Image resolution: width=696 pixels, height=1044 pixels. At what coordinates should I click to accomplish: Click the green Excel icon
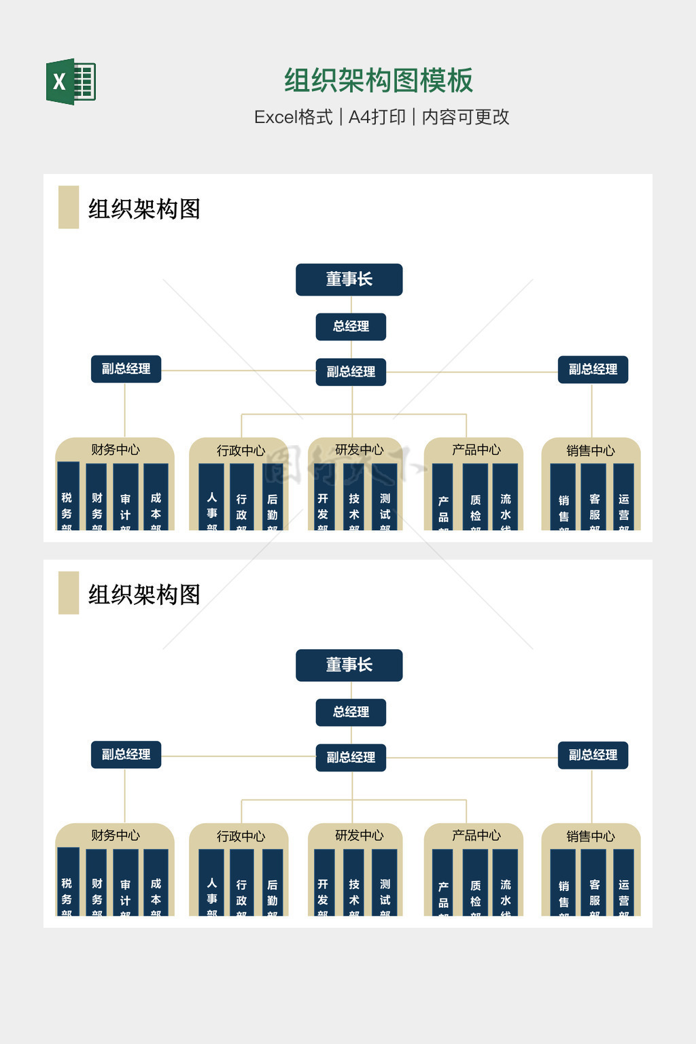click(71, 82)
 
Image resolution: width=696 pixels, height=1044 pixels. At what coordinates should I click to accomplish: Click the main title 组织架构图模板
click(378, 81)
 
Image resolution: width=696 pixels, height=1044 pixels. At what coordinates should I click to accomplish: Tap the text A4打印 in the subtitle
click(377, 117)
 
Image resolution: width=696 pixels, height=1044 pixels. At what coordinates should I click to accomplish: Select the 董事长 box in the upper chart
click(349, 279)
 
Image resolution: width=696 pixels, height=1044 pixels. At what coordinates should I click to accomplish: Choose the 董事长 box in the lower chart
click(349, 665)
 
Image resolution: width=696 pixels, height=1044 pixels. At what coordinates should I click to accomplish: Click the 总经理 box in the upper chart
click(351, 326)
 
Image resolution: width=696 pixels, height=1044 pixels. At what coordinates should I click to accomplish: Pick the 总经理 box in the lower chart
click(351, 712)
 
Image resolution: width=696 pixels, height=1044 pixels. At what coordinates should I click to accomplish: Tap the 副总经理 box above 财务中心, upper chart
click(126, 369)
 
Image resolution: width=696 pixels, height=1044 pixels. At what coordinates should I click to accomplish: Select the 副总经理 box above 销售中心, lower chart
click(593, 755)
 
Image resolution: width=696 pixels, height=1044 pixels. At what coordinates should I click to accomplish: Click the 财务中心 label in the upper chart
click(115, 449)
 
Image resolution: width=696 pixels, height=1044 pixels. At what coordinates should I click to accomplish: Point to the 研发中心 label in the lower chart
click(359, 835)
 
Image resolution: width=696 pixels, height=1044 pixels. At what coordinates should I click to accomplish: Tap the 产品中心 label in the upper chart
click(476, 449)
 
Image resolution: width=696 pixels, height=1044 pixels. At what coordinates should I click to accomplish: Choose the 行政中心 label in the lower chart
click(241, 836)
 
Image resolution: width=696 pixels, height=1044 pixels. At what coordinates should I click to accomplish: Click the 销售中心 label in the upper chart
click(590, 450)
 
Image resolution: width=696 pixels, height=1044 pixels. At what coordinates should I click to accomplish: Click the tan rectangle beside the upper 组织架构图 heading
click(69, 207)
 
